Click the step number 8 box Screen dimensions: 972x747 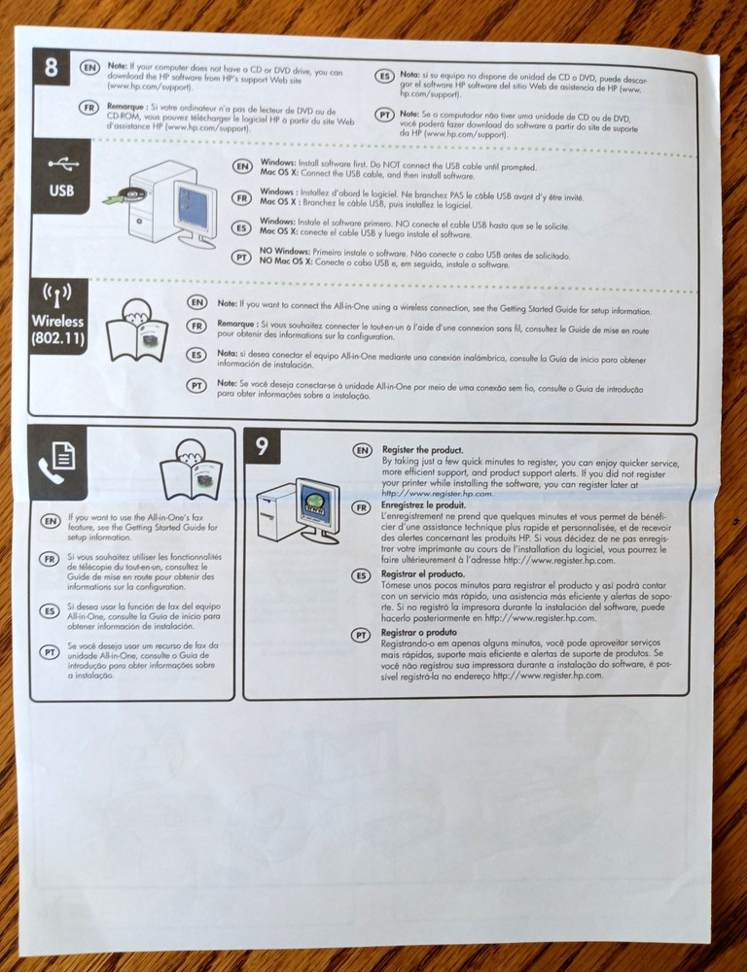tap(52, 69)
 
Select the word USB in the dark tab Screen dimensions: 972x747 tap(61, 191)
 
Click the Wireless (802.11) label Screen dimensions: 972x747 tap(57, 330)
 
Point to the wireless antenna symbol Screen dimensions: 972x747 tap(57, 295)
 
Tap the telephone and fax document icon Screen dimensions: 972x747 tap(57, 460)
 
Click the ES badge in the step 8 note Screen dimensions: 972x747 tap(383, 76)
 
